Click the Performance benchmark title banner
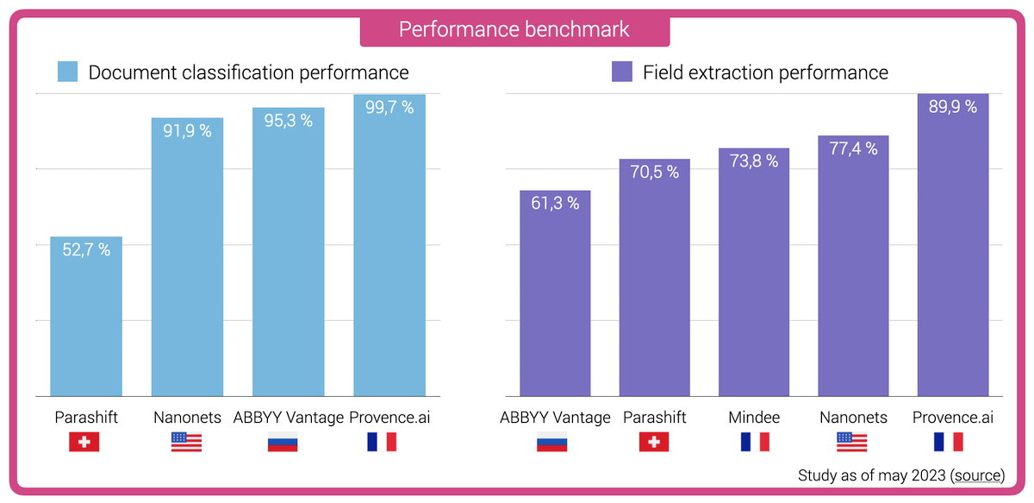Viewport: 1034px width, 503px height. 514,29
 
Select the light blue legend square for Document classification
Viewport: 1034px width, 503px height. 68,72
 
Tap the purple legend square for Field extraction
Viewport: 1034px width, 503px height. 621,72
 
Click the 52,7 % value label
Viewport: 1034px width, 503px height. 86,250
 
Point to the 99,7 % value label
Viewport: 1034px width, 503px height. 389,108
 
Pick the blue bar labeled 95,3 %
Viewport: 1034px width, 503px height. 288,259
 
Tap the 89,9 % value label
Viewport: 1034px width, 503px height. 953,107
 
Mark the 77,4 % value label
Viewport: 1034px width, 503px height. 853,149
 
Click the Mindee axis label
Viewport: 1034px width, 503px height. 754,418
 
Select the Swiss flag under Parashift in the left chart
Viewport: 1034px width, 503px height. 84,443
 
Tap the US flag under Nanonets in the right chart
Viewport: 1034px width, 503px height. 852,443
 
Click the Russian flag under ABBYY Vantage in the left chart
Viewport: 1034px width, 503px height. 283,443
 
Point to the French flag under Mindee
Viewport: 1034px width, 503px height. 754,443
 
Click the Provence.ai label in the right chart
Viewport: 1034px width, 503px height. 952,418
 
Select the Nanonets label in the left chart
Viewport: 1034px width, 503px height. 186,418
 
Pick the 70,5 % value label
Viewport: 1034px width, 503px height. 654,173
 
